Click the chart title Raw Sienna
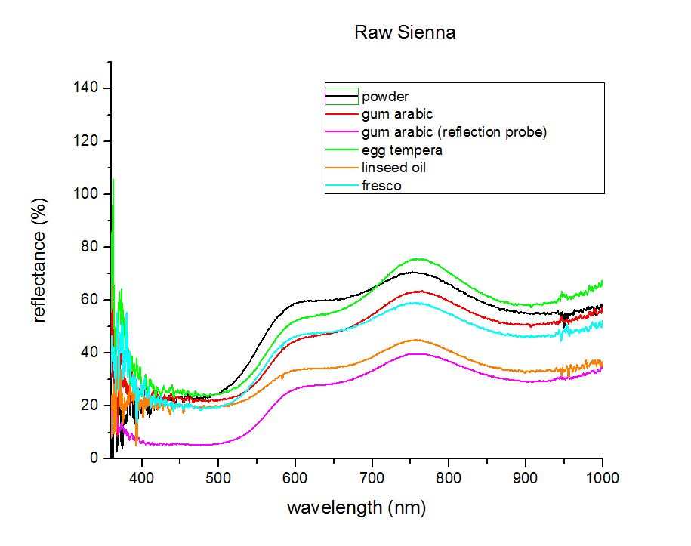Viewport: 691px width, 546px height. point(405,32)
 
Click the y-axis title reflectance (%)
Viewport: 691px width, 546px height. point(39,261)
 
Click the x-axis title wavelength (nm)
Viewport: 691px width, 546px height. point(356,507)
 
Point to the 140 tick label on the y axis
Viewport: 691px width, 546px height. point(85,88)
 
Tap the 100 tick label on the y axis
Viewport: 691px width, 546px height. point(85,193)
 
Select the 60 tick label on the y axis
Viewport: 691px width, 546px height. point(89,299)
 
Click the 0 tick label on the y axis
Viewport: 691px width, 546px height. point(94,458)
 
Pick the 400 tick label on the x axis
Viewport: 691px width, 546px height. point(141,478)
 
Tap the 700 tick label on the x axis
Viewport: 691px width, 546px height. point(372,478)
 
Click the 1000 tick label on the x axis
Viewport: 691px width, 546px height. point(603,478)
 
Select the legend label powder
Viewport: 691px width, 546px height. point(385,97)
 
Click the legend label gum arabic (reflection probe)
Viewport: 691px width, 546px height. point(455,132)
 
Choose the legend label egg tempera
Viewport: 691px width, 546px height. point(402,150)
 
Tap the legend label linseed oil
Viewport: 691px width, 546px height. point(393,168)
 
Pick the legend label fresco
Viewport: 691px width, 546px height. point(381,186)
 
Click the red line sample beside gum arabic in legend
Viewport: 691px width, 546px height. point(341,114)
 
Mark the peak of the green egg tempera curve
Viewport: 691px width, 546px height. point(420,259)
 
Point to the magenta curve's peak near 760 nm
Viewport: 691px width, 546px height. point(420,354)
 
